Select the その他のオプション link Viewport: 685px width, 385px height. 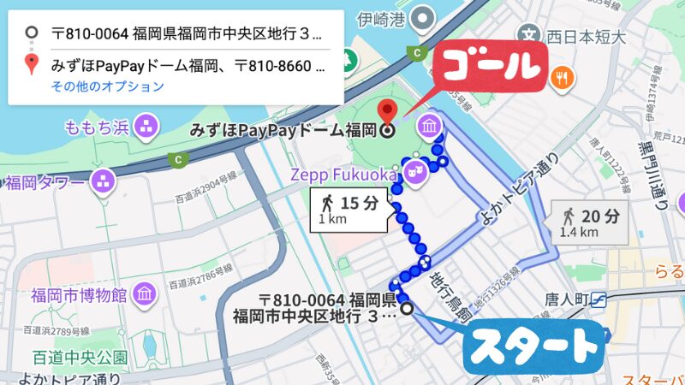[x=107, y=86]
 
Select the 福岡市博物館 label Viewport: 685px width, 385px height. [x=78, y=296]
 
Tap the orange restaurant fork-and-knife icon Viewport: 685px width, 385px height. [x=562, y=77]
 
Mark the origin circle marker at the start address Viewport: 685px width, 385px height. [x=407, y=308]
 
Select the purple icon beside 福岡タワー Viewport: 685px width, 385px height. [x=104, y=181]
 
